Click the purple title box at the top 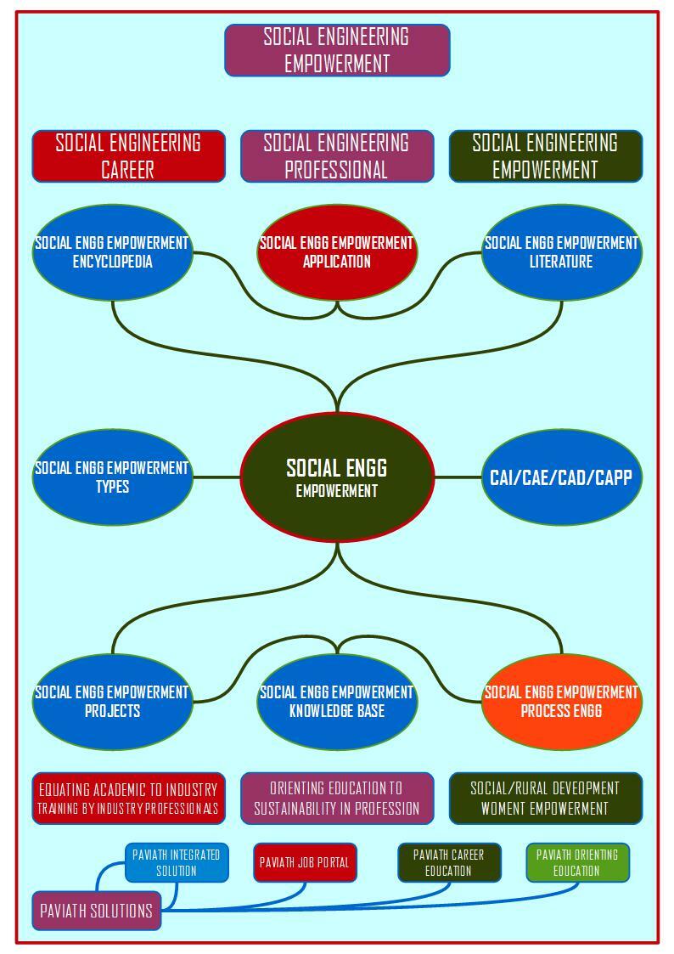point(337,50)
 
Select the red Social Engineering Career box point(128,156)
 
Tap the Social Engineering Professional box point(337,156)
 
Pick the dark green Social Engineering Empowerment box point(546,156)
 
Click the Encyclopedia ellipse point(112,252)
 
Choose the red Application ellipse point(337,252)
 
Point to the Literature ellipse point(562,252)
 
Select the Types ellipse point(112,477)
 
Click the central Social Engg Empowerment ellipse point(337,477)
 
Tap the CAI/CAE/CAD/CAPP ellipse point(562,477)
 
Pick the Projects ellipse point(112,702)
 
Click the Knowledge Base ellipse point(337,702)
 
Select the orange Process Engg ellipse point(562,702)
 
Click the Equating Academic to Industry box point(128,799)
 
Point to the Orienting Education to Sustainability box point(337,799)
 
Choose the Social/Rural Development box point(546,799)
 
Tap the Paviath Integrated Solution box point(177,862)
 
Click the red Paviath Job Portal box point(305,862)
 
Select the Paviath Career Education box point(449,862)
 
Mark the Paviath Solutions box point(97,911)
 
